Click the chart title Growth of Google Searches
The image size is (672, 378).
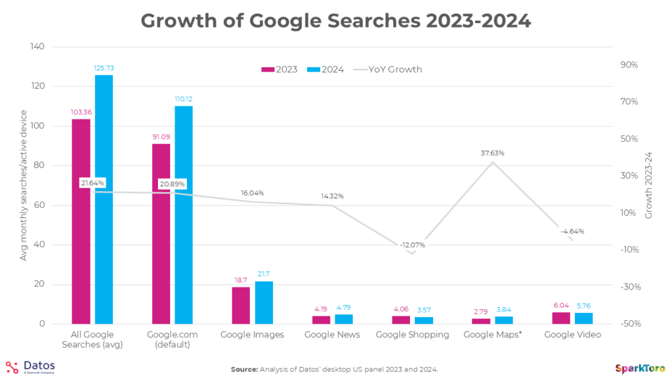[x=335, y=20]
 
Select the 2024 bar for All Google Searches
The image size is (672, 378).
[x=104, y=199]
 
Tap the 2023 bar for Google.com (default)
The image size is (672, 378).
[x=161, y=234]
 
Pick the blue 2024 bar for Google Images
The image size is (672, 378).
[x=264, y=303]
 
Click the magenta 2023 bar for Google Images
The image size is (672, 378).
[x=241, y=306]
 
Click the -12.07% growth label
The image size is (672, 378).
[x=411, y=245]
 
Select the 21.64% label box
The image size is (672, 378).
[x=93, y=183]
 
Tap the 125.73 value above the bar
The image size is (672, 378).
[x=104, y=68]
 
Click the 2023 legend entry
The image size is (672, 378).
[x=280, y=70]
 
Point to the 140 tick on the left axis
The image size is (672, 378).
[x=37, y=47]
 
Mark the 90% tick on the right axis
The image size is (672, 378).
[x=629, y=65]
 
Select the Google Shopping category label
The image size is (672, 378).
[x=412, y=335]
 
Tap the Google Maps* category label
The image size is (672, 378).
[x=492, y=335]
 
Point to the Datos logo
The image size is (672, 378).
[x=31, y=367]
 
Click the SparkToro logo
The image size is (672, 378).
[x=640, y=367]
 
